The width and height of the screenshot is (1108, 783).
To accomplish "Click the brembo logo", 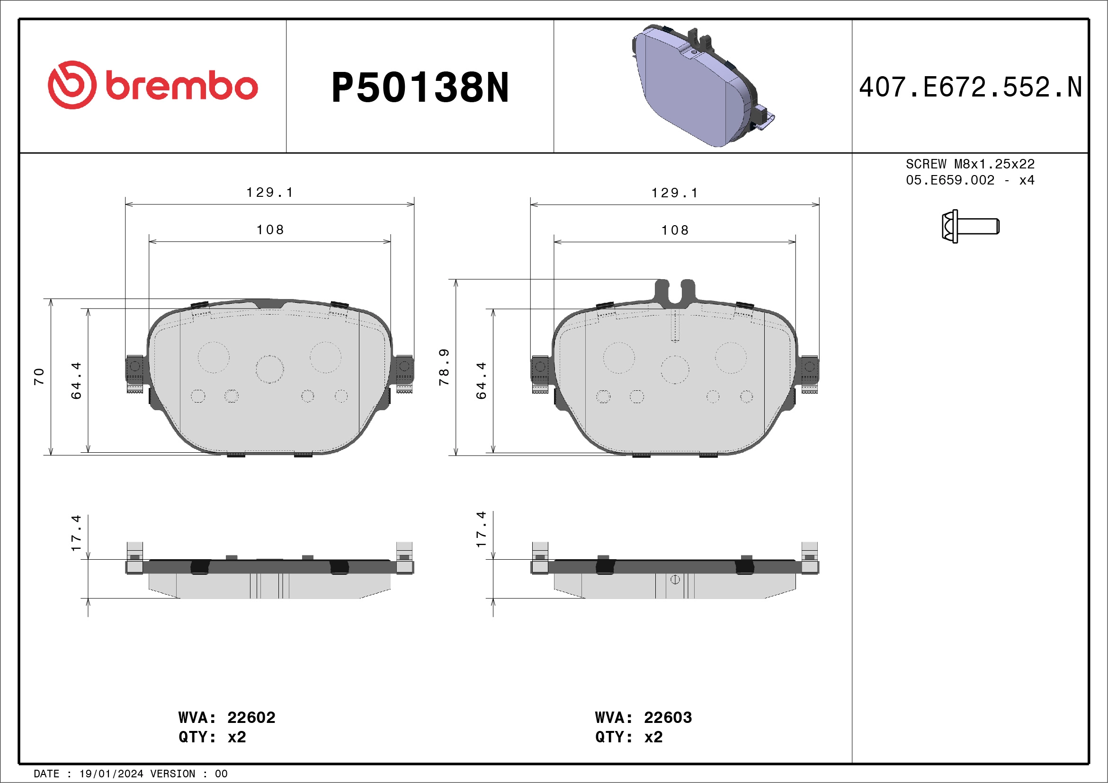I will click(x=152, y=85).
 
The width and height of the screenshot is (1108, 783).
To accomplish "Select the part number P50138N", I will click(x=420, y=88).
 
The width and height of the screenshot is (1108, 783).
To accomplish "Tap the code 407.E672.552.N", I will click(x=970, y=88).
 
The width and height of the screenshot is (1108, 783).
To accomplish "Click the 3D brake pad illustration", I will click(x=703, y=87).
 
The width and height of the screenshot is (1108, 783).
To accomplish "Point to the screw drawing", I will click(x=970, y=226).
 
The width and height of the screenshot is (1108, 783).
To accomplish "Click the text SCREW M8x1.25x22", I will click(x=970, y=164).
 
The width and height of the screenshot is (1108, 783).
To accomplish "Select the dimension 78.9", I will click(x=444, y=367).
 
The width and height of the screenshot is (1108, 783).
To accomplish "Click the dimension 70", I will click(x=39, y=376).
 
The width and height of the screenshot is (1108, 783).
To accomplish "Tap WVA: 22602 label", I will click(x=227, y=717).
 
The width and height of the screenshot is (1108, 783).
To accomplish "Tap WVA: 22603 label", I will click(x=643, y=717).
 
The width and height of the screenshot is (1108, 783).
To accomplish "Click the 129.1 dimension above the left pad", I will click(x=270, y=193).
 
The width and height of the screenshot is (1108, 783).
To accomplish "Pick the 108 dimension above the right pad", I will click(x=675, y=230).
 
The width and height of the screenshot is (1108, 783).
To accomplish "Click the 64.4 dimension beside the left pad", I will click(x=76, y=380).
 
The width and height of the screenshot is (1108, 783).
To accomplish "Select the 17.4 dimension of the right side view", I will click(x=481, y=529).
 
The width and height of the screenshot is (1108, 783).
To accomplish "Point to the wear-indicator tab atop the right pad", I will click(x=675, y=292).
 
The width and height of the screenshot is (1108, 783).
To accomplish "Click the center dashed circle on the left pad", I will click(x=270, y=370).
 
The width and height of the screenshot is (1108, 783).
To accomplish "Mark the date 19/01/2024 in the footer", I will click(x=111, y=774).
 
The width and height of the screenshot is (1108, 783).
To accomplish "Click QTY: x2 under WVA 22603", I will click(x=628, y=737).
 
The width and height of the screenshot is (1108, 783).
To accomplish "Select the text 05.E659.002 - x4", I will click(x=970, y=180).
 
